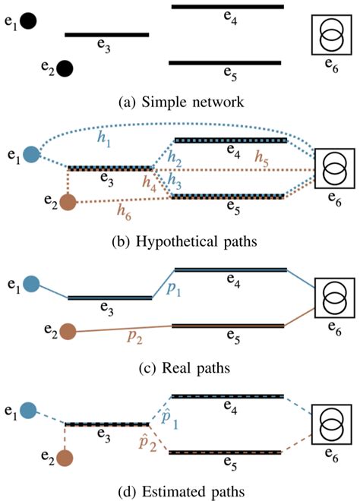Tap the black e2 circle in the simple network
coord(65,69)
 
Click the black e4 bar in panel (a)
coord(227,7)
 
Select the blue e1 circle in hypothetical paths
coord(30,155)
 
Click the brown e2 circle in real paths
coord(68,332)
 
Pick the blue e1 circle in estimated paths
coord(30,411)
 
